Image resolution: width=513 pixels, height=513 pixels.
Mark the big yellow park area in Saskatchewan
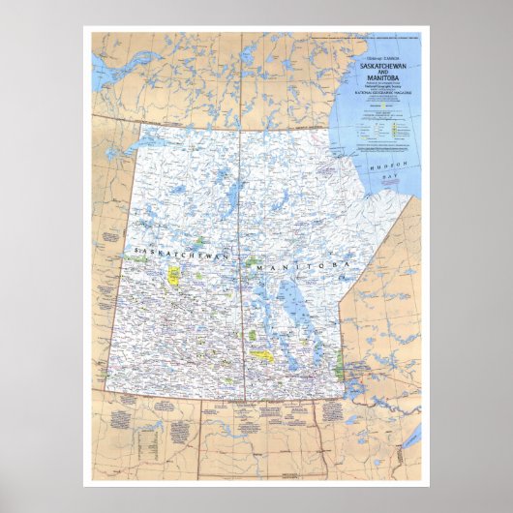pos(175,276)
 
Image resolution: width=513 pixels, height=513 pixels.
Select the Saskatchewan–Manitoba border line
pos(242,290)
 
